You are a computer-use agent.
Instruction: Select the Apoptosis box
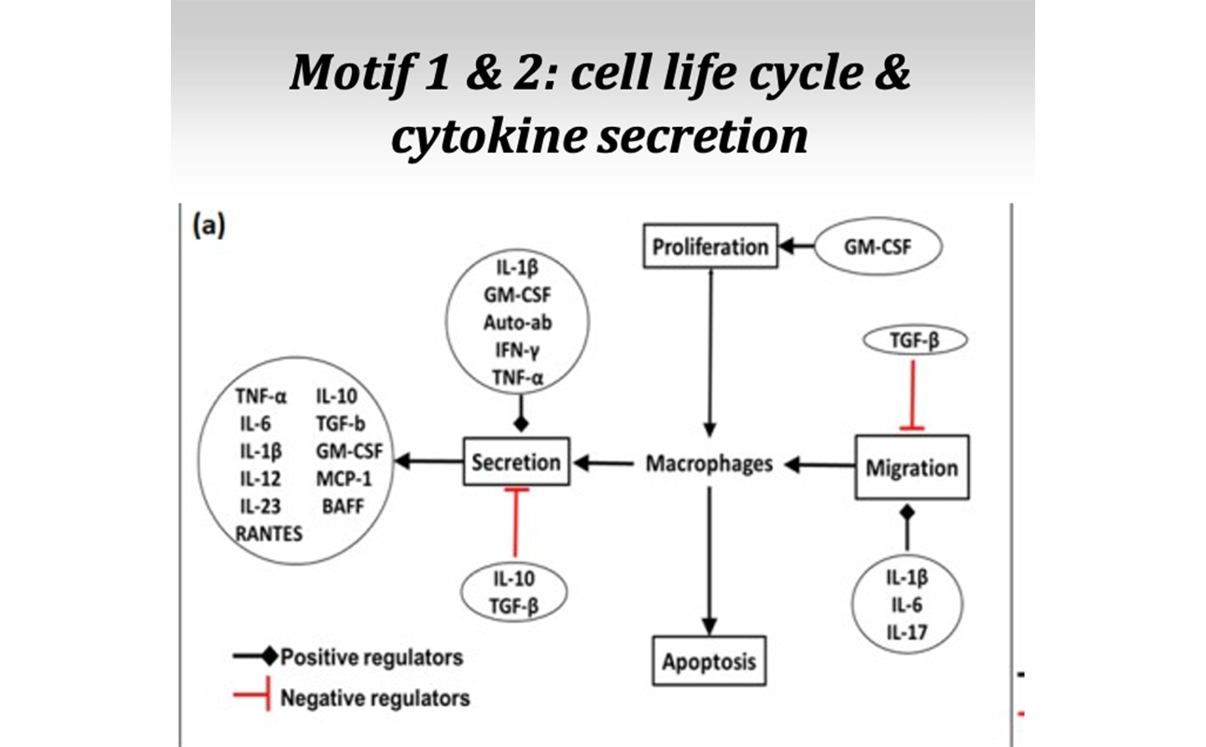[709, 662]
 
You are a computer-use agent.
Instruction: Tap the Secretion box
[516, 461]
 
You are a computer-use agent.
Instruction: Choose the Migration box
[912, 467]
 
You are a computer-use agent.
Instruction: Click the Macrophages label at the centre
[709, 463]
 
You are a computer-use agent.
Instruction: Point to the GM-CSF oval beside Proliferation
[878, 247]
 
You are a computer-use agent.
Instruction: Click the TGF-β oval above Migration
[912, 341]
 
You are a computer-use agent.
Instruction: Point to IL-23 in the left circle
[260, 507]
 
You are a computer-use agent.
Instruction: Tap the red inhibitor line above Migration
[912, 392]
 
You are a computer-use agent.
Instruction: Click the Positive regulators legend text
[372, 656]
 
